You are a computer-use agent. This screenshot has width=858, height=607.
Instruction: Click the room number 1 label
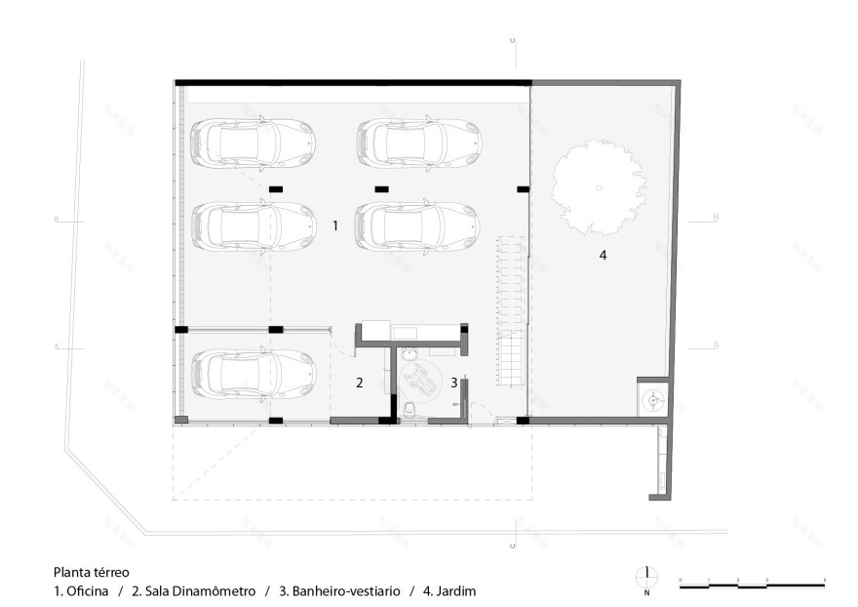click(334, 224)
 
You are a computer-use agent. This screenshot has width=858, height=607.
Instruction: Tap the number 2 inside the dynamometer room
click(359, 383)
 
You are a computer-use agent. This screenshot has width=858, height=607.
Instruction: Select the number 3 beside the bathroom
click(454, 383)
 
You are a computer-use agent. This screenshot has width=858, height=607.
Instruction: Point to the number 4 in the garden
click(603, 256)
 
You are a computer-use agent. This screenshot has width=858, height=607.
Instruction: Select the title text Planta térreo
click(91, 573)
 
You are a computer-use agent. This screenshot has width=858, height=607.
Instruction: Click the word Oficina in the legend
click(87, 591)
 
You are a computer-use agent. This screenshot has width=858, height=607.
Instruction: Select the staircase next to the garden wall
click(512, 312)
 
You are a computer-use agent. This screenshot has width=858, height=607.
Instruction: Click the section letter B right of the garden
click(716, 219)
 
